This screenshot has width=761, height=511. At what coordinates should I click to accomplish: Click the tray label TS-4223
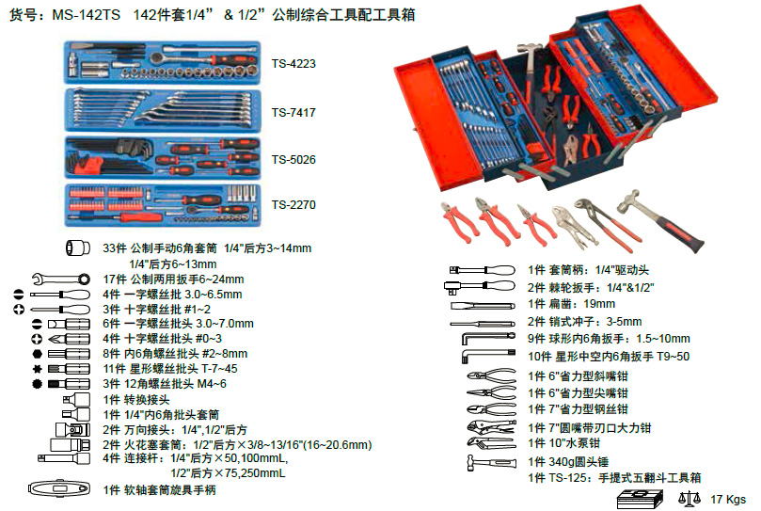click(x=293, y=64)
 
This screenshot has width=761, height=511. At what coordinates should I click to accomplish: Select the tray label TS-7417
click(x=293, y=113)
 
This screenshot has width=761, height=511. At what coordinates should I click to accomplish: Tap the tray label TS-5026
click(x=293, y=160)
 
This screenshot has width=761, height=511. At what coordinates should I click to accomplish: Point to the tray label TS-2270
click(x=293, y=205)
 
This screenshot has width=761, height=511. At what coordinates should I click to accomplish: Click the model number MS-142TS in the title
click(x=86, y=15)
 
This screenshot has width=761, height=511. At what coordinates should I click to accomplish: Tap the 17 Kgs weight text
click(x=728, y=500)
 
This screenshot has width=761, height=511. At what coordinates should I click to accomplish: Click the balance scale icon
click(x=690, y=499)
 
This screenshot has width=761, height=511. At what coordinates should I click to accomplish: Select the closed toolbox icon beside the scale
click(x=640, y=500)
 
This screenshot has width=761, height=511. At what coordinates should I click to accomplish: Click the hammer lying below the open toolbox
click(x=660, y=221)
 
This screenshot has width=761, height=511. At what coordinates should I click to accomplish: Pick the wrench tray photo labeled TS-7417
click(x=163, y=111)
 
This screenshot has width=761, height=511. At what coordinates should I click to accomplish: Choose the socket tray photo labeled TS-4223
click(x=163, y=62)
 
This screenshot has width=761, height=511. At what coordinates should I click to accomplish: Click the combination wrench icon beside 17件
click(x=61, y=279)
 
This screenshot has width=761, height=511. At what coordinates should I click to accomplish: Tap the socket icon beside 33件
click(x=78, y=248)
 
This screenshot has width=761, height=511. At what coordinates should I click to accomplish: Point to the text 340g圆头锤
click(x=579, y=462)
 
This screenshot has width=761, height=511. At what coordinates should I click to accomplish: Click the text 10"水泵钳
click(x=574, y=443)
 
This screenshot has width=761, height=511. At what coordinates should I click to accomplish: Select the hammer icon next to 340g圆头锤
click(x=491, y=462)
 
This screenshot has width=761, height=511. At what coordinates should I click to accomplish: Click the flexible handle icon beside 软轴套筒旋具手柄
click(x=58, y=488)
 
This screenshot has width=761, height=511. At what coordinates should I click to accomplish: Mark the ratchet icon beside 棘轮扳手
click(x=480, y=287)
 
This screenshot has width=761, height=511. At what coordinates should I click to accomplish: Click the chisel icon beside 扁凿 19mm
click(x=483, y=306)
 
